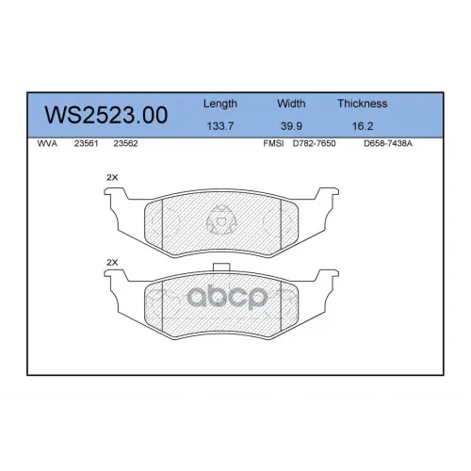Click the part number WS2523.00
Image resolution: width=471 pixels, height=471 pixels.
(x=106, y=115)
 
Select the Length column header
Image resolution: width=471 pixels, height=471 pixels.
(x=220, y=104)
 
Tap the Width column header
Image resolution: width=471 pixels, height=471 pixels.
(x=291, y=104)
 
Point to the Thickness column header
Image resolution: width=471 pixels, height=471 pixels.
(x=363, y=104)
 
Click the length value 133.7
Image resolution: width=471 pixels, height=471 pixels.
(x=220, y=126)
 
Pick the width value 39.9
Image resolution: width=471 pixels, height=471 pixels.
(x=291, y=126)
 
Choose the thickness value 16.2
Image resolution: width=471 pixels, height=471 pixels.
(x=363, y=126)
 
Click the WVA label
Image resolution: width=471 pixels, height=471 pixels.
(x=47, y=143)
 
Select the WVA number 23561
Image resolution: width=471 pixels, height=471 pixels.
(x=86, y=143)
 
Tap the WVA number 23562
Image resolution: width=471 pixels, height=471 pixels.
(x=125, y=143)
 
